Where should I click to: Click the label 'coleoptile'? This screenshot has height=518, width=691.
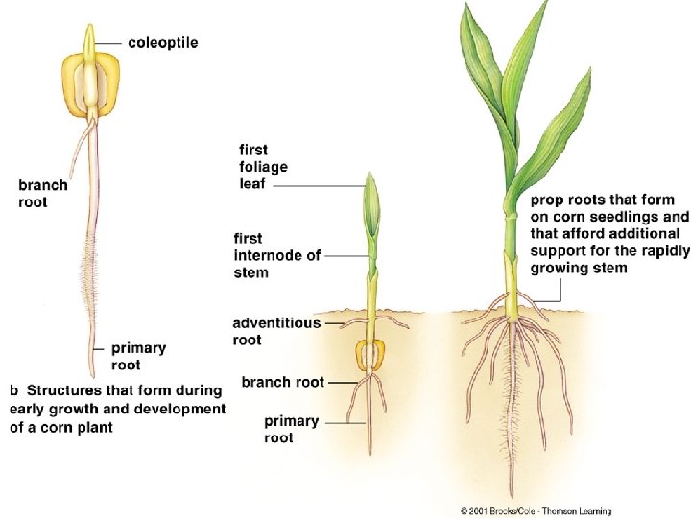165,42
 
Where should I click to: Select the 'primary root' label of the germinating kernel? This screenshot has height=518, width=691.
138,356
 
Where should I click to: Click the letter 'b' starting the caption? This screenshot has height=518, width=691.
12,390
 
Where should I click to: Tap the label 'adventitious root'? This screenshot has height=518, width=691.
276,331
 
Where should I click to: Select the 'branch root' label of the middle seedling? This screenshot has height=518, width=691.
283,382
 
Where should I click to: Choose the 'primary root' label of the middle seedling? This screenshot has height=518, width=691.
292,429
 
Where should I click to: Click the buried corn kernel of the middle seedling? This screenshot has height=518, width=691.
368,356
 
